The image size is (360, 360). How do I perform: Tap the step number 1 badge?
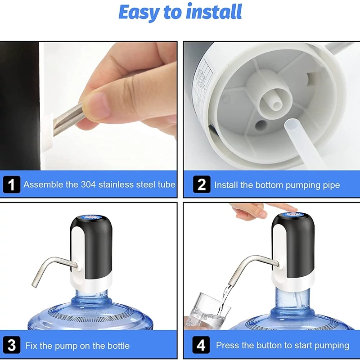12,184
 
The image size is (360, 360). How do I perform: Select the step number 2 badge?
202,184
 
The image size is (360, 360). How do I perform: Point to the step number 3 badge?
12,345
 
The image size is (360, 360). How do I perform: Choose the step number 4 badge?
201,345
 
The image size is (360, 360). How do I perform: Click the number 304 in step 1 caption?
88,184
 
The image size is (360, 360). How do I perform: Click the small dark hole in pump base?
261,125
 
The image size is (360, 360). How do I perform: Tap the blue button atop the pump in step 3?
91,217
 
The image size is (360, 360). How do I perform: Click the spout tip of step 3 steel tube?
35,285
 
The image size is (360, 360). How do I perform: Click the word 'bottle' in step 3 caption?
118,346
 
